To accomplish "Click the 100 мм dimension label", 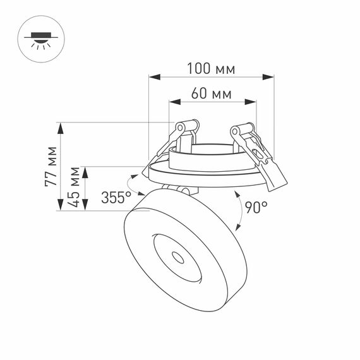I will click(x=211, y=67).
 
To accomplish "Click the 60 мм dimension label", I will click(x=211, y=94).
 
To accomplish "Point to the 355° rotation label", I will click(x=116, y=198).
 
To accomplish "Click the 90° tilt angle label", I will click(x=256, y=207).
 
